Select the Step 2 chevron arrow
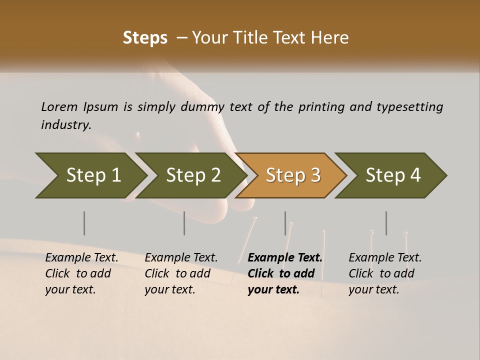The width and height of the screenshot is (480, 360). tap(192, 175)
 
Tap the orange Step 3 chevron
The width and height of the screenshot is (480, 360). tap(292, 175)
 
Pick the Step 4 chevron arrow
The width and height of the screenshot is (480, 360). tap(392, 175)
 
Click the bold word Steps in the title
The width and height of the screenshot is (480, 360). tap(145, 38)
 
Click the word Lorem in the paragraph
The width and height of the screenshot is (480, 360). tap(59, 107)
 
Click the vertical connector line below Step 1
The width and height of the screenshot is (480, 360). tap(84, 223)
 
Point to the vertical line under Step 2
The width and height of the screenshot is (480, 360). tap(184, 223)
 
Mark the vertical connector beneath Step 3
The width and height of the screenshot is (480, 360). tap(285, 223)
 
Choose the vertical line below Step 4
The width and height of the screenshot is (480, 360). tap(386, 223)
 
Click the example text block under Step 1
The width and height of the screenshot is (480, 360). tap(81, 273)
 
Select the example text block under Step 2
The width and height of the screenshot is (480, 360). tap(181, 273)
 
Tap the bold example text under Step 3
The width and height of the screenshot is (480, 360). tap(285, 273)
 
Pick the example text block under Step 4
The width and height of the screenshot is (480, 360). tap(385, 273)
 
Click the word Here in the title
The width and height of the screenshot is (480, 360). tap(332, 38)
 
